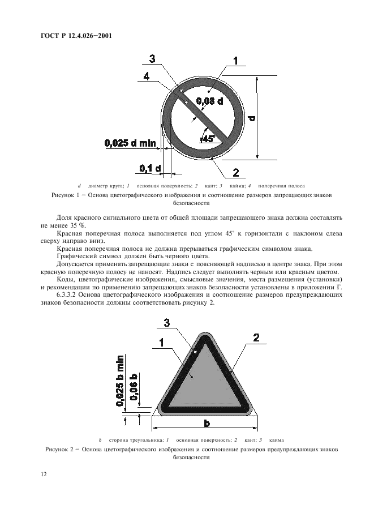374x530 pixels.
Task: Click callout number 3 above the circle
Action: [152, 58]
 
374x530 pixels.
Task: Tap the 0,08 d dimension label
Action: [209, 101]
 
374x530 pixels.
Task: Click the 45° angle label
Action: [208, 137]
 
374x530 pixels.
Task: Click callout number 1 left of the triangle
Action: [162, 343]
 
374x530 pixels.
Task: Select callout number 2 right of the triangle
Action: [256, 338]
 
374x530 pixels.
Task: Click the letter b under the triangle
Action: [207, 424]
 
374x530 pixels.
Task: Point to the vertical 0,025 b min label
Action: [121, 381]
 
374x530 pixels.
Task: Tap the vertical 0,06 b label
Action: [134, 387]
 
